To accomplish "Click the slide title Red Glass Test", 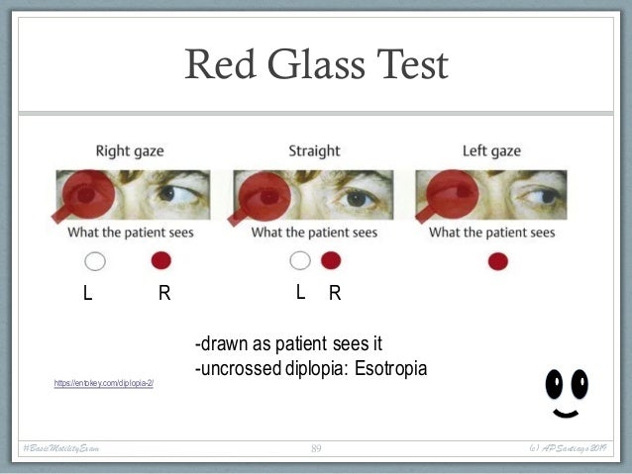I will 316,66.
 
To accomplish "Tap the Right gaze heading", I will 130,151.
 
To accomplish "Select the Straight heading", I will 314,151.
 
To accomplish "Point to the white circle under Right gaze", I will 95,261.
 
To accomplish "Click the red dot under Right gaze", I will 161,261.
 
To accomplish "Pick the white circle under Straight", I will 300,261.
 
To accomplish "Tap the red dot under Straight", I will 331,261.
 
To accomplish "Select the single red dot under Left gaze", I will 497,261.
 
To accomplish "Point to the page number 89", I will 316,449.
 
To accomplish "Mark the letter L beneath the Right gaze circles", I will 88,293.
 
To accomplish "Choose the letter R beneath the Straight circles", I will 335,293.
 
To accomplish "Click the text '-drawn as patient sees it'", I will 288,344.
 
